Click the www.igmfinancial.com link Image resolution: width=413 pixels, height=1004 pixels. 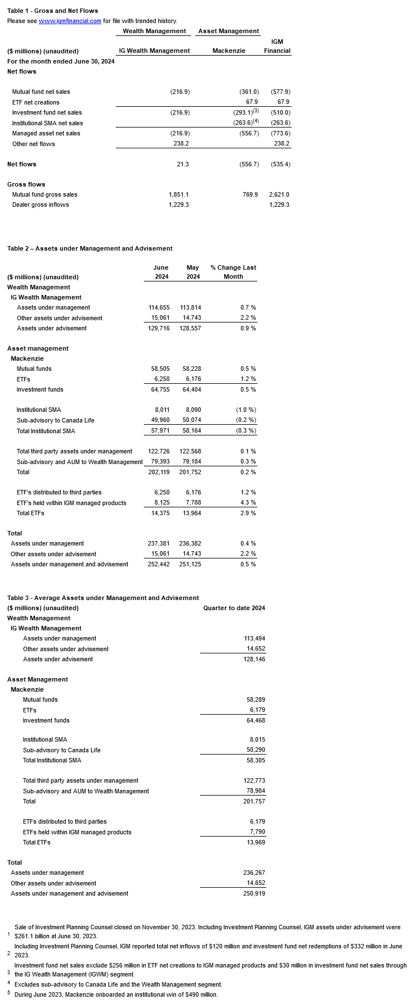70,21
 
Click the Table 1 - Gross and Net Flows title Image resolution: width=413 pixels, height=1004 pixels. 53,11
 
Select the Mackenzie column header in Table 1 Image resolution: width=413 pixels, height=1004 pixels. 229,51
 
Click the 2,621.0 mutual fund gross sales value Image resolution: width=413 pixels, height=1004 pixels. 279,194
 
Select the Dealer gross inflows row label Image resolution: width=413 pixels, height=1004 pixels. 40,205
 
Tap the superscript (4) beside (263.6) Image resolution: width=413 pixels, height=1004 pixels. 256,121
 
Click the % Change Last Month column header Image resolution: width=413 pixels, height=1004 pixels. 233,272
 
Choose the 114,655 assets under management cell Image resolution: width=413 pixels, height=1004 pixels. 158,307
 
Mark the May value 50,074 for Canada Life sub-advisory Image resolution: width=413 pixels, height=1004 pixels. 190,420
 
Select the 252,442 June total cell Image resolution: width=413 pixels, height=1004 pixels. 158,564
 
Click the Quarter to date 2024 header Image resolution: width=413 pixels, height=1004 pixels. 234,608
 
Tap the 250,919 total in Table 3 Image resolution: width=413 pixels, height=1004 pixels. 253,893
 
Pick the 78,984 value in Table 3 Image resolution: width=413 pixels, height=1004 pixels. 255,791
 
